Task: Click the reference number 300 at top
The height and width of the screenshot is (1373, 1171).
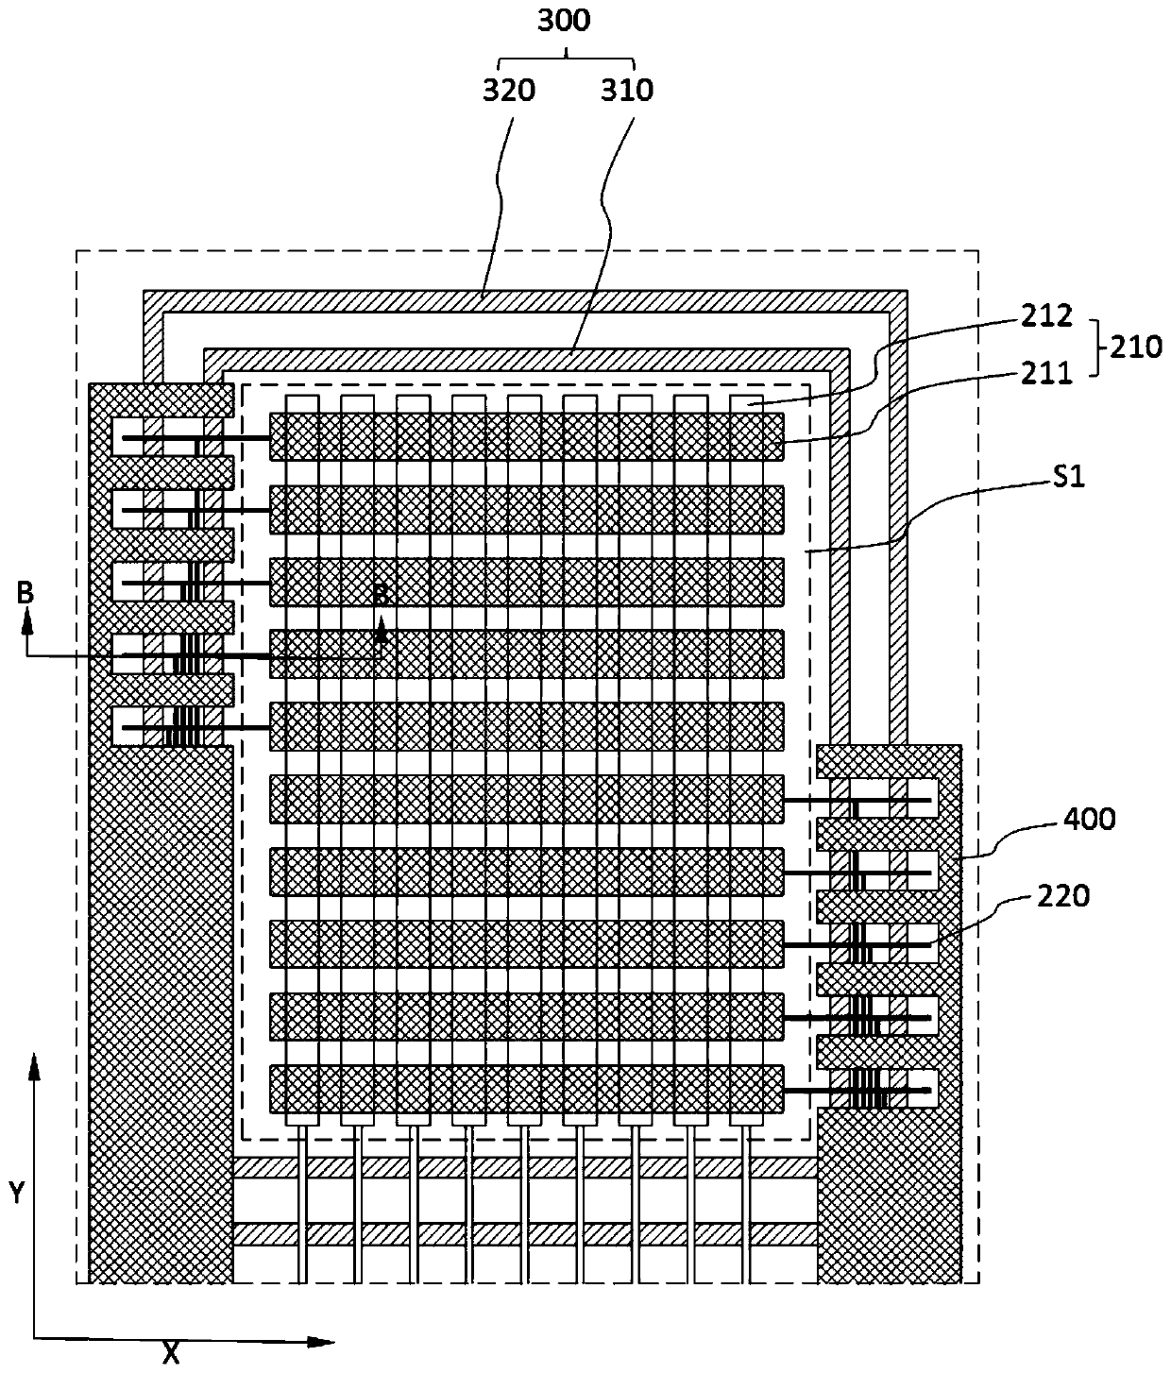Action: (x=563, y=22)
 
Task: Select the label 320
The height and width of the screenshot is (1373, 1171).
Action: (x=509, y=91)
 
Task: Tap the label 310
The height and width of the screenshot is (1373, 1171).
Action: (x=627, y=91)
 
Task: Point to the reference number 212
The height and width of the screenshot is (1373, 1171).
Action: (x=1046, y=316)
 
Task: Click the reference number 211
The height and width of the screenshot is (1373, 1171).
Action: (x=1046, y=374)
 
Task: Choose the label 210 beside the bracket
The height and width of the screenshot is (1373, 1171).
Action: (x=1136, y=347)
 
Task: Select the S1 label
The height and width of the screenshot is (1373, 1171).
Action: (x=1069, y=477)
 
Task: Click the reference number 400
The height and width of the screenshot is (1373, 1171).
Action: (x=1089, y=820)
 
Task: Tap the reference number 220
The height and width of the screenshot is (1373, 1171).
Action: (x=1063, y=897)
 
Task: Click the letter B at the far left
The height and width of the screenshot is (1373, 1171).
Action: (x=25, y=592)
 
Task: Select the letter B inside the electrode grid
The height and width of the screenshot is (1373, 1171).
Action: (x=380, y=595)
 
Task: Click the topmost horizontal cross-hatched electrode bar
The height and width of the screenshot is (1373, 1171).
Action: (x=526, y=436)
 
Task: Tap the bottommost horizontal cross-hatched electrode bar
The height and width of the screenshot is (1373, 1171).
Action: (x=526, y=1090)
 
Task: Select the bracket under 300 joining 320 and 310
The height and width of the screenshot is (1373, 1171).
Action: (x=566, y=59)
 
